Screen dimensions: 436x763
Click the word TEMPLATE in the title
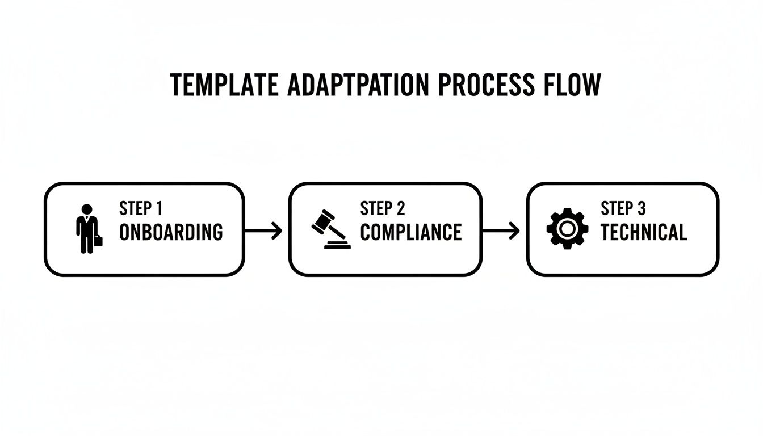pos(224,86)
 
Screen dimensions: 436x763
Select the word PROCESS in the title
pos(486,86)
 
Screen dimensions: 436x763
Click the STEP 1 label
pos(141,209)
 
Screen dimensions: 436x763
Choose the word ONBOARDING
pos(171,232)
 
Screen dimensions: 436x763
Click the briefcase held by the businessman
pos(99,241)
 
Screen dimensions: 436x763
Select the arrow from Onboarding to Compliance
pos(263,230)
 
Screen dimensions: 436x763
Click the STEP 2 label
pos(383,209)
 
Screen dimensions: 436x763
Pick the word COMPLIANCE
pos(411,232)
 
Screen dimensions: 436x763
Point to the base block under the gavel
pos(337,245)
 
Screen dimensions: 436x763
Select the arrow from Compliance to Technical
pos(501,230)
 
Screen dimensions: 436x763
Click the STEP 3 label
pos(623,209)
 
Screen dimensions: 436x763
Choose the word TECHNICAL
pos(644,232)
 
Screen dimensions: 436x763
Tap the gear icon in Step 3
pos(565,229)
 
